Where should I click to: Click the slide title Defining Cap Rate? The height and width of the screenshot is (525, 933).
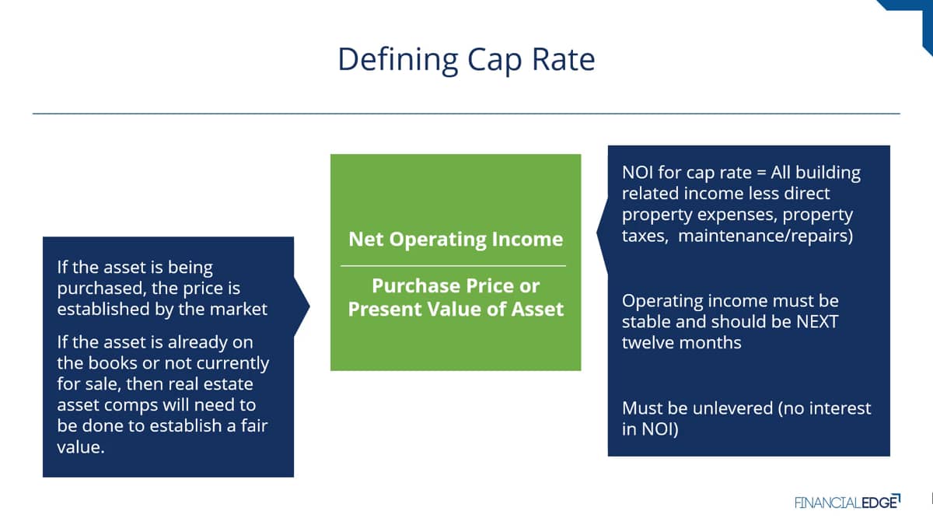click(466, 60)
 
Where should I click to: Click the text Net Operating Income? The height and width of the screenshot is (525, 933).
click(456, 240)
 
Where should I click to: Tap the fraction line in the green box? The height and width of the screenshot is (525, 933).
click(453, 265)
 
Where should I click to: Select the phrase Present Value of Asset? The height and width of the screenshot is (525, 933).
click(456, 310)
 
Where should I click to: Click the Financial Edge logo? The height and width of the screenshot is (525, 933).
click(847, 502)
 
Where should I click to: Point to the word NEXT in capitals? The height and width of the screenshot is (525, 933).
click(817, 322)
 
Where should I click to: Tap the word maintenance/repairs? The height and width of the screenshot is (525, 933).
click(766, 236)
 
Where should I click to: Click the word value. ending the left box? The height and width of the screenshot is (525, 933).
click(81, 447)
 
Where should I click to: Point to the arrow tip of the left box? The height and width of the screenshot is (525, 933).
click(309, 306)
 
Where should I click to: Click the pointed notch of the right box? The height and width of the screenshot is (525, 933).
click(597, 233)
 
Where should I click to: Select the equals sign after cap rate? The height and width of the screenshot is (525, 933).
click(761, 173)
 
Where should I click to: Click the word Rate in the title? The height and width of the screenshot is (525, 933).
click(564, 60)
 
